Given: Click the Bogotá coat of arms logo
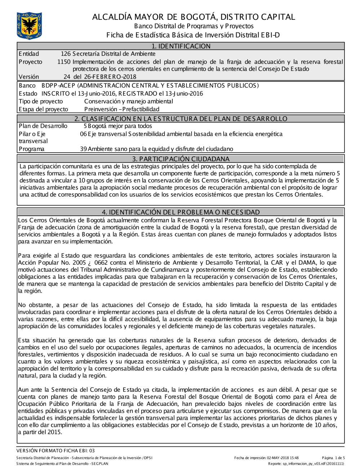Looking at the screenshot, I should (29, 26).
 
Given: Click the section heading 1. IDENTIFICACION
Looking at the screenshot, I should (181, 46).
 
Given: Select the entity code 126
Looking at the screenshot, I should (66, 54).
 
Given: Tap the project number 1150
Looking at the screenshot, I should (64, 62).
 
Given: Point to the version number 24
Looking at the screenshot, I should (67, 77).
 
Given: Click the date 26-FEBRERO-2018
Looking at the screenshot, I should (110, 77).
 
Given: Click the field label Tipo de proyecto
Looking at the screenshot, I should (41, 102).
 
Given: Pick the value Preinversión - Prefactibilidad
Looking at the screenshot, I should (122, 109).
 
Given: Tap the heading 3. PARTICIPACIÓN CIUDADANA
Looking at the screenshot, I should (181, 159).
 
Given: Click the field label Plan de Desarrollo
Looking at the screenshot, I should (43, 126).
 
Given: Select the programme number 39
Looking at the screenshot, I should (84, 149).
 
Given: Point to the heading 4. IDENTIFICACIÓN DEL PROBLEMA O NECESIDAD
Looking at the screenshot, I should (181, 212).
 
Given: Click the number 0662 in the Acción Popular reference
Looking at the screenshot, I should (101, 263).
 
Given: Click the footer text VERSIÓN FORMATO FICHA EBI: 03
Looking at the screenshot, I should (55, 451).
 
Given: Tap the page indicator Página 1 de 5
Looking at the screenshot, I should (333, 458).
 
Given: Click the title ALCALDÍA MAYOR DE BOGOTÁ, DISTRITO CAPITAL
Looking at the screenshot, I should (193, 17).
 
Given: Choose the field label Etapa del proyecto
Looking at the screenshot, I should (43, 109).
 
